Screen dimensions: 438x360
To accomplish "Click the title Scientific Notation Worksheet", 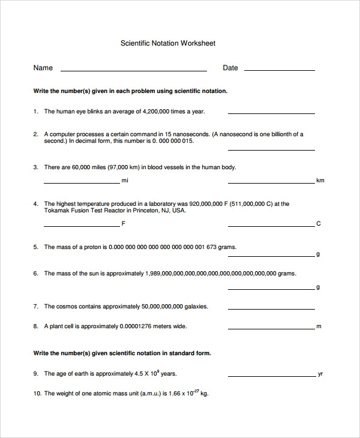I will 168,43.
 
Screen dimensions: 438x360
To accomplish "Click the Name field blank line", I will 133,70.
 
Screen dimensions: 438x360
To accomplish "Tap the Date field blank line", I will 279,70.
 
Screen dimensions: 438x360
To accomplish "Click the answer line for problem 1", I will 271,113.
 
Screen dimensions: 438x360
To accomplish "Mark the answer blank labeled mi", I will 82,182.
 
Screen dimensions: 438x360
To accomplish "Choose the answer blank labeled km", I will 271,182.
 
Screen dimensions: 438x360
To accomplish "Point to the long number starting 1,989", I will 211,274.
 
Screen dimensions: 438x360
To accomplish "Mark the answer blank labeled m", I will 271,328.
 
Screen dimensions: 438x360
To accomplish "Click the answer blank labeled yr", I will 271,375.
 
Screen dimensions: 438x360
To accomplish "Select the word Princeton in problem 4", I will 144,211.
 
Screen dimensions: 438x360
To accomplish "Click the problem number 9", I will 35,374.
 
